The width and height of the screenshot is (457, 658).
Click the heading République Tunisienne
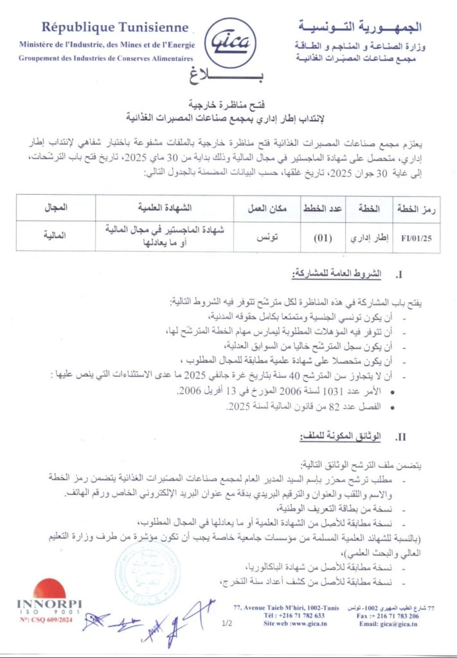point(115,27)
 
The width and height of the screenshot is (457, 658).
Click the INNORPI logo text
point(49,604)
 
